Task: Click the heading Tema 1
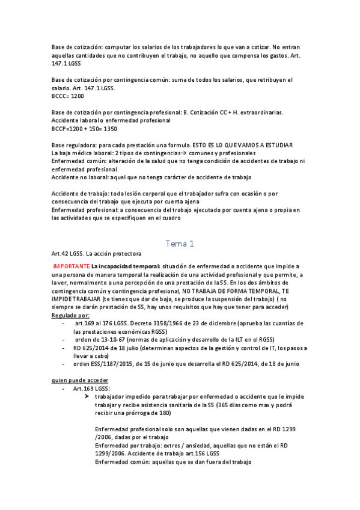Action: point(180,244)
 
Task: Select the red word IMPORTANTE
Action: point(72,266)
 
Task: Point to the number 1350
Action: point(110,129)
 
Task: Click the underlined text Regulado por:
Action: point(71,315)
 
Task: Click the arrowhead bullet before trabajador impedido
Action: point(88,398)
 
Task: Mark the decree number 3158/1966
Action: point(169,323)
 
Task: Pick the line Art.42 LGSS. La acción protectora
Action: point(96,254)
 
